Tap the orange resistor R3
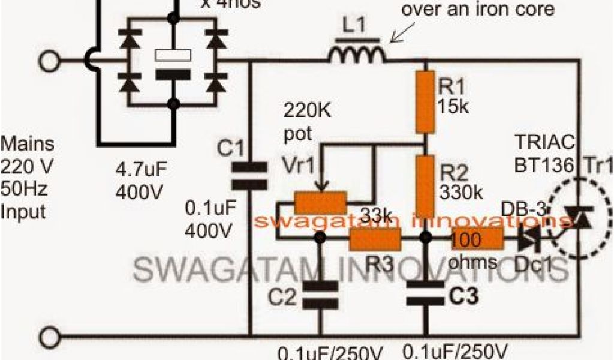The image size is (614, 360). (375, 238)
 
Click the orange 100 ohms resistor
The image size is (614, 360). (477, 238)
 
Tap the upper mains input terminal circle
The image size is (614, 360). (50, 61)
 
